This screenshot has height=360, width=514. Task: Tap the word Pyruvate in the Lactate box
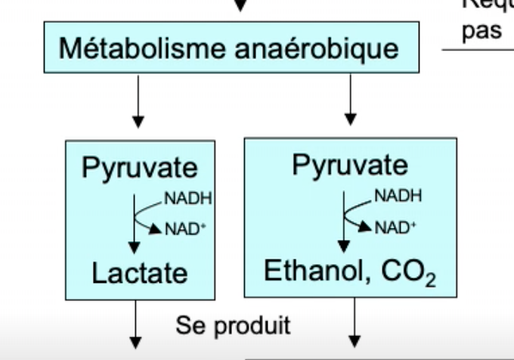[x=139, y=168]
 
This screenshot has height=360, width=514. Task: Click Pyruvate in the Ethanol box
[x=349, y=165]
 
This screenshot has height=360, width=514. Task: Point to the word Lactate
[x=139, y=272]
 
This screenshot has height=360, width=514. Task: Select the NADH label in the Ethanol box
[x=398, y=196]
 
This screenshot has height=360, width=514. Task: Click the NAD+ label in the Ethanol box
[x=397, y=227]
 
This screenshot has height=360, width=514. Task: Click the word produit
[x=250, y=326]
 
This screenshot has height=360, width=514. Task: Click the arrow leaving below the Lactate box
[x=138, y=325]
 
